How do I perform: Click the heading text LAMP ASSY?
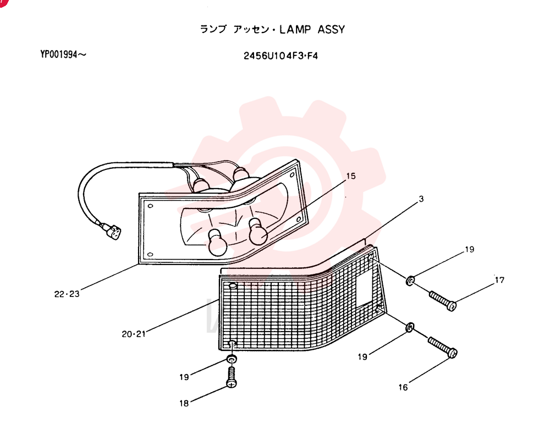click(x=312, y=30)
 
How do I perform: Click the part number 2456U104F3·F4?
click(x=280, y=56)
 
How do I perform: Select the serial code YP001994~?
click(x=63, y=54)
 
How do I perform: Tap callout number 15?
click(x=351, y=176)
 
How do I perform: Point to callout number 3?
click(x=421, y=199)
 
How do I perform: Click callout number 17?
click(x=499, y=280)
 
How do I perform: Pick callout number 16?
click(x=403, y=387)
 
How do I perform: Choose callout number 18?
click(x=184, y=403)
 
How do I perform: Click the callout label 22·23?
click(x=67, y=294)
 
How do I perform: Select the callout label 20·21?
click(x=134, y=334)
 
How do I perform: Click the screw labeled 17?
click(x=443, y=301)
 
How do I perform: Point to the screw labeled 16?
click(x=443, y=347)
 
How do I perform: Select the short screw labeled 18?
click(x=232, y=377)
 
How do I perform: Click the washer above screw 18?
click(x=232, y=359)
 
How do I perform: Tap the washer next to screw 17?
click(x=410, y=280)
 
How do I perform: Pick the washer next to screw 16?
click(x=410, y=328)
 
